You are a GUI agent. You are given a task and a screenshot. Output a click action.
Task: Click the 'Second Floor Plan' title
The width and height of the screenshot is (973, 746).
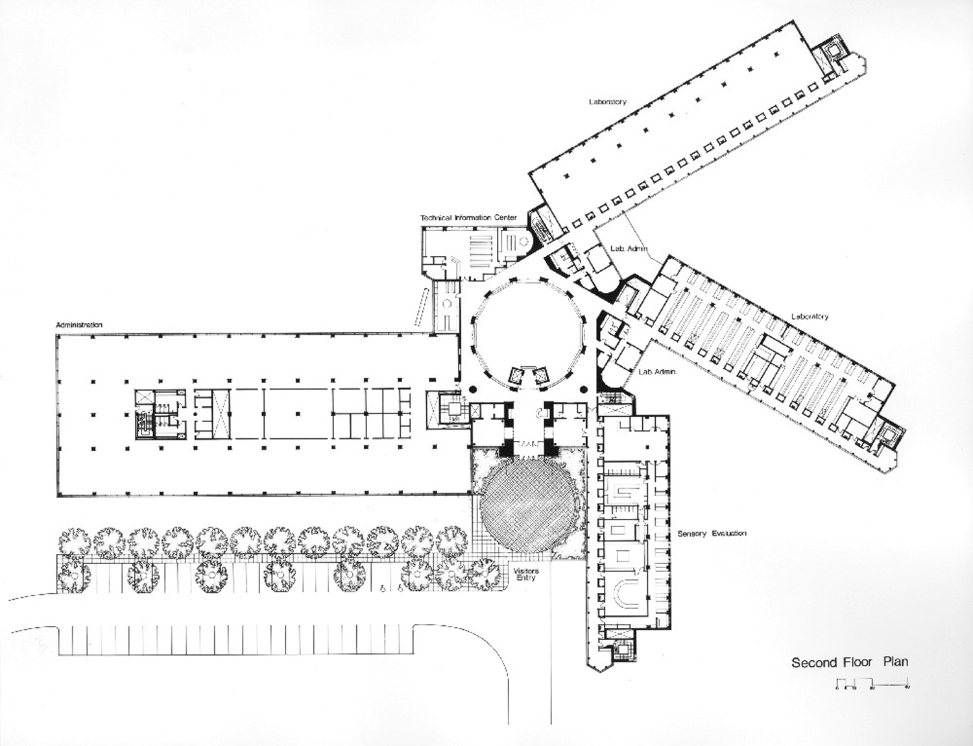click(x=849, y=662)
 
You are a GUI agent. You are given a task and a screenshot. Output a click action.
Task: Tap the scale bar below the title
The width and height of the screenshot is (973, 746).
click(x=871, y=682)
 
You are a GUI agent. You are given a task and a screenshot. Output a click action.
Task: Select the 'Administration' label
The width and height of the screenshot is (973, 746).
click(x=79, y=325)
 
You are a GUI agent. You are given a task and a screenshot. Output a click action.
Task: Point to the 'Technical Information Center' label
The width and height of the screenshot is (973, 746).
click(x=468, y=218)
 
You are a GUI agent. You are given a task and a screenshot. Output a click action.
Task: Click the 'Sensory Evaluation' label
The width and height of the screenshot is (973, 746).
click(x=712, y=533)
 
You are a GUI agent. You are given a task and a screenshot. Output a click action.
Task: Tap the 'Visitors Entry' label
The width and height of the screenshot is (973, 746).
click(x=526, y=574)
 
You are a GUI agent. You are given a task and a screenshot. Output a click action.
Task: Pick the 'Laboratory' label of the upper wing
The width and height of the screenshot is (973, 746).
click(x=608, y=102)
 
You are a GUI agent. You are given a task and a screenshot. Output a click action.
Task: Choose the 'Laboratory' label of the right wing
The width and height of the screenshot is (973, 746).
click(x=810, y=316)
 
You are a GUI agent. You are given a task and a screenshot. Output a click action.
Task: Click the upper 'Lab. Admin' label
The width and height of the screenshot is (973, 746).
click(x=629, y=249)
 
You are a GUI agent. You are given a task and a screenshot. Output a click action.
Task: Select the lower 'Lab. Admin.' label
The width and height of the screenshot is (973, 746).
click(x=658, y=372)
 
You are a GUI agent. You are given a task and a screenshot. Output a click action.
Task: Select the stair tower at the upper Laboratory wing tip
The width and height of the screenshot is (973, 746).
click(x=830, y=56)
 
